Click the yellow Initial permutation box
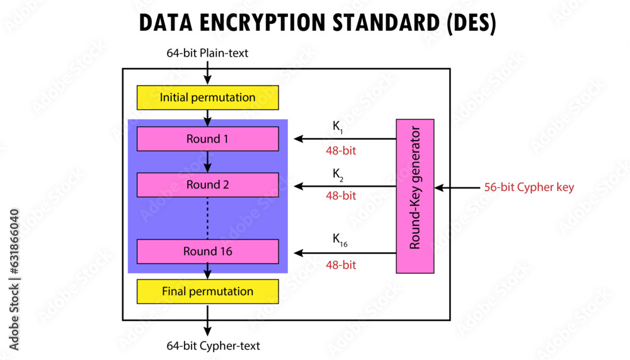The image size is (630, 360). click(x=207, y=98)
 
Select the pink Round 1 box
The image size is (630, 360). click(x=207, y=139)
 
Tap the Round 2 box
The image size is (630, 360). click(x=207, y=185)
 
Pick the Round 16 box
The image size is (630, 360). click(x=207, y=252)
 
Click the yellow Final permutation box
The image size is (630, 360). click(x=207, y=291)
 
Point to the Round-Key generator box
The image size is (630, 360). click(x=415, y=195)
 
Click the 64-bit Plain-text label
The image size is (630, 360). click(x=207, y=53)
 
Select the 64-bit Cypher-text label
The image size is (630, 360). click(x=213, y=345)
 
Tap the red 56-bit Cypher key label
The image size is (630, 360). click(x=529, y=187)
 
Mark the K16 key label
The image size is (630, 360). click(x=340, y=239)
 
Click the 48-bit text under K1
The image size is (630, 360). click(x=340, y=151)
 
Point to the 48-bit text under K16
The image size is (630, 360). click(x=340, y=265)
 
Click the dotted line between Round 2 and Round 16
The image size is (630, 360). click(x=207, y=218)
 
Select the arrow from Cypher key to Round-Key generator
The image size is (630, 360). click(x=457, y=187)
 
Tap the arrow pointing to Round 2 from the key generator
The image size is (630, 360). click(x=345, y=186)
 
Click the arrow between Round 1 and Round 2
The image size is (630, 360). click(x=207, y=161)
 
